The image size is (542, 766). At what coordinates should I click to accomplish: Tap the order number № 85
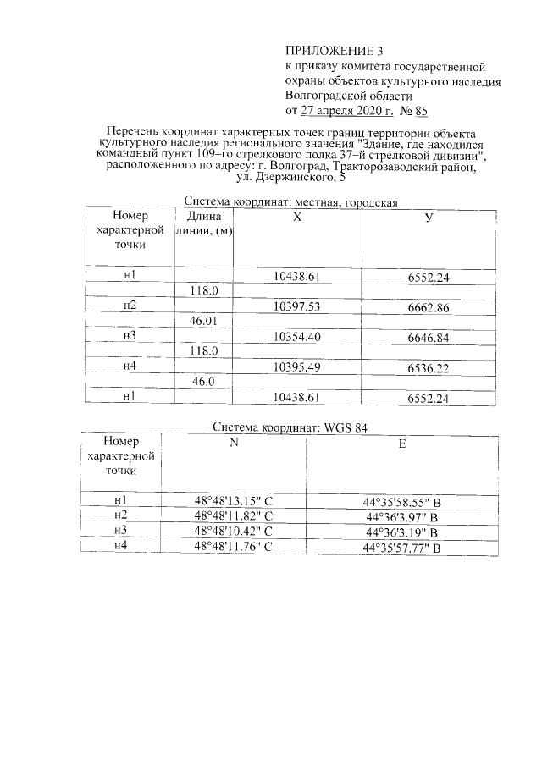point(413,110)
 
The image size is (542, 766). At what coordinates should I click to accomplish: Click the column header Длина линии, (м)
point(204,223)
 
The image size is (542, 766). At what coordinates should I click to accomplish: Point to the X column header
point(296,218)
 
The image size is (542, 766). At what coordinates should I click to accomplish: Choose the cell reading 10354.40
point(296,337)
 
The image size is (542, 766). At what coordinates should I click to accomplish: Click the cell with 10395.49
point(296,366)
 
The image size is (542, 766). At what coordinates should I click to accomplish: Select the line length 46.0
point(204,382)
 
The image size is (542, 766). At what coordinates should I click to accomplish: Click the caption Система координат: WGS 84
point(290,427)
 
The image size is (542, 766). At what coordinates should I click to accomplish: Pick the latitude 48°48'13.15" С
point(233,502)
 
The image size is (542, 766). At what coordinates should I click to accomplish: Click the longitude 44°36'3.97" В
point(401,517)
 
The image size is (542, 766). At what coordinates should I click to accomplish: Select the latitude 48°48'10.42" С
point(233,532)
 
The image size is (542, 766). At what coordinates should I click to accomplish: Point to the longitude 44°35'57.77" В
point(401,548)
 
